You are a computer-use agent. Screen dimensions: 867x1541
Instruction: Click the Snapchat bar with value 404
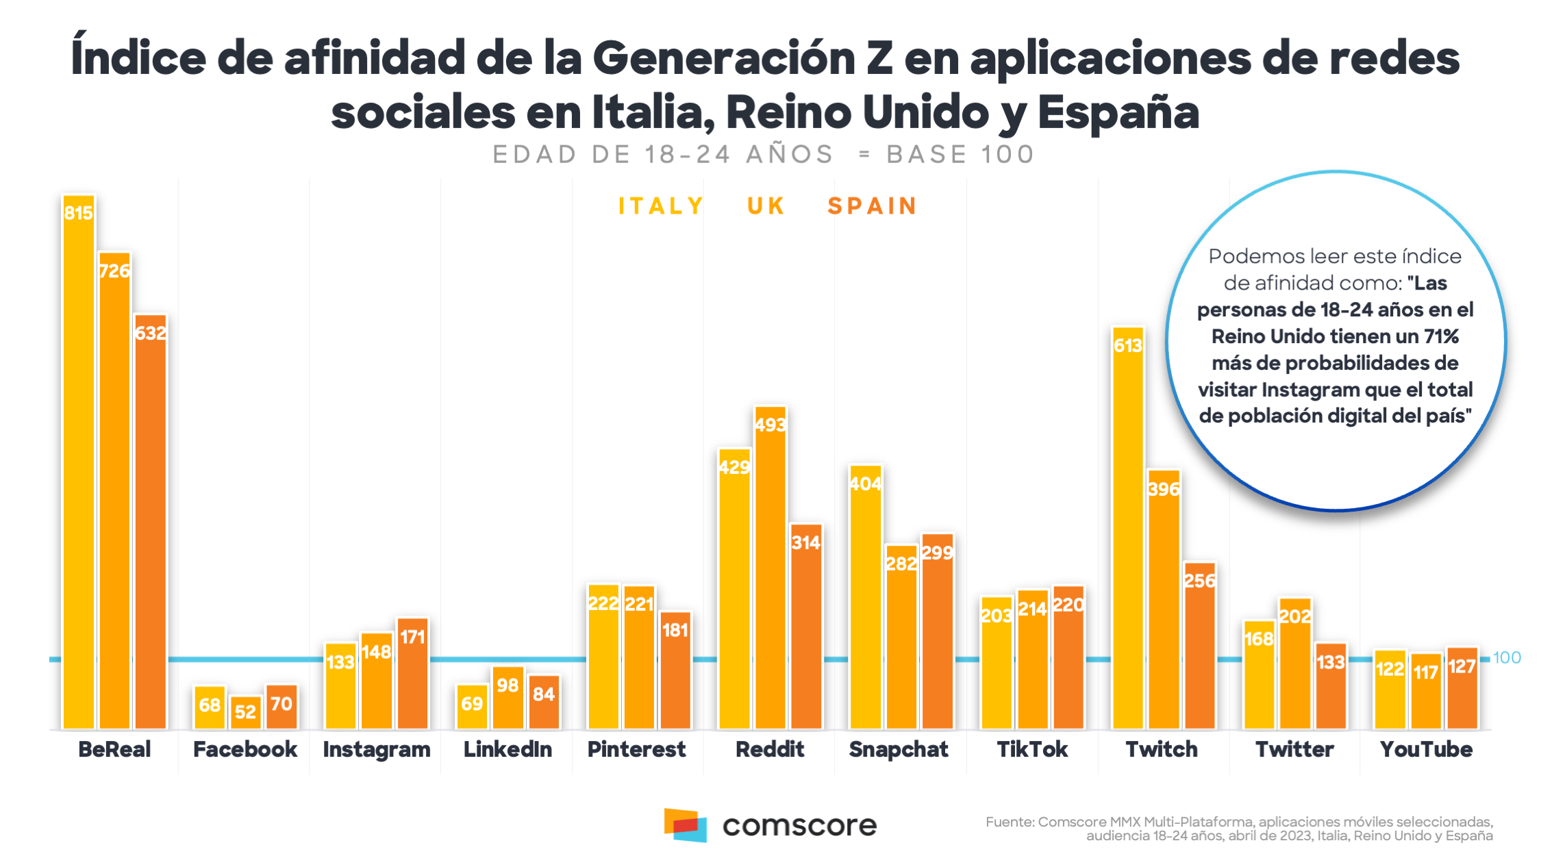tap(866, 596)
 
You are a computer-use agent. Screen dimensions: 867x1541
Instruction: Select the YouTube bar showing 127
tap(1462, 688)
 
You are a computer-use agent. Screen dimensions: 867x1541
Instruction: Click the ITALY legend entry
tap(661, 206)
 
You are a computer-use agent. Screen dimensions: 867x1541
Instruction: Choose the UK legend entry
tap(766, 206)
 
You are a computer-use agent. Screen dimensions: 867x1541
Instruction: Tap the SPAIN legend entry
tap(872, 206)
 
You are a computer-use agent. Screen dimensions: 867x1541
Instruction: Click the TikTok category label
tap(1032, 749)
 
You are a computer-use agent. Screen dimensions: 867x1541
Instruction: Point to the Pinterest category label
tap(636, 749)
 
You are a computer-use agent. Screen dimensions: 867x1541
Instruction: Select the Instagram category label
tap(377, 749)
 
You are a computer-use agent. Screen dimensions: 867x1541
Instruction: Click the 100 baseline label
tap(1507, 657)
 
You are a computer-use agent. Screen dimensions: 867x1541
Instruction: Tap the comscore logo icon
tap(685, 825)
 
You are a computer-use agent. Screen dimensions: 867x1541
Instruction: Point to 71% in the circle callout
tap(1441, 336)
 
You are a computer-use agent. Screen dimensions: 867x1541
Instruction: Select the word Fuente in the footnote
tap(1010, 822)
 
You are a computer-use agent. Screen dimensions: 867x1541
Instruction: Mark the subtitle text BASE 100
tap(960, 155)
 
